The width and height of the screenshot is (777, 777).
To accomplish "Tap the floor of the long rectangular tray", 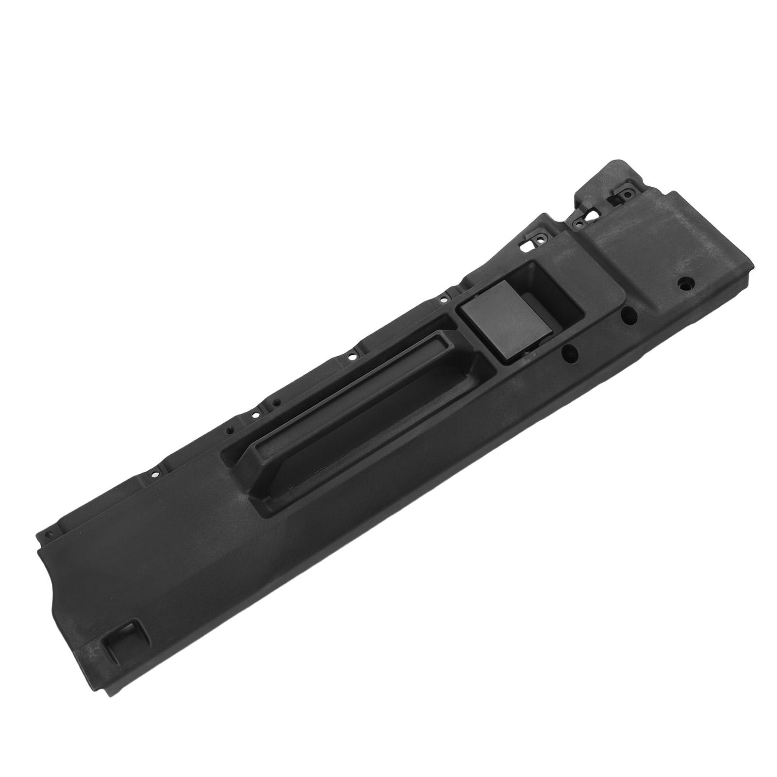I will [369, 398].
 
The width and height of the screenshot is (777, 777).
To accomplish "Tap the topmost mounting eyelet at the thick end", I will [627, 196].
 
